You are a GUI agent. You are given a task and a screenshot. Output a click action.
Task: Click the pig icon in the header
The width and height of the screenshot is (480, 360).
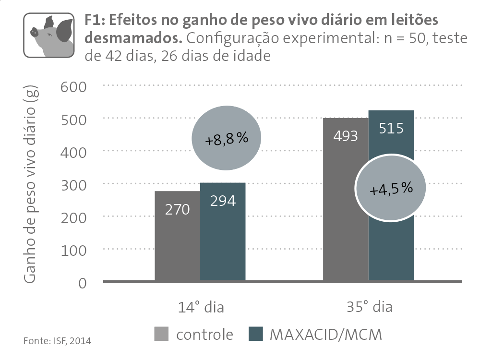click(x=49, y=35)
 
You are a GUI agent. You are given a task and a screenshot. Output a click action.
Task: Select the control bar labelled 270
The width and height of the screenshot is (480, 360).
click(x=177, y=235)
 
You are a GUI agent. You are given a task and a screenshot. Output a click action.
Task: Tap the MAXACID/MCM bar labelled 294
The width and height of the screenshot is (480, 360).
click(x=223, y=231)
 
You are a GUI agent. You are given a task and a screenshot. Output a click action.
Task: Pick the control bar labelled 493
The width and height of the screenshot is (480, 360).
click(x=345, y=199)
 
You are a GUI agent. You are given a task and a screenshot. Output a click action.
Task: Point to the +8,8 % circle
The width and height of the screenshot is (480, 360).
click(x=227, y=139)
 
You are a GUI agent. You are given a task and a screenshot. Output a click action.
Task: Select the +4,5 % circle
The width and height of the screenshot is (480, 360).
click(x=391, y=189)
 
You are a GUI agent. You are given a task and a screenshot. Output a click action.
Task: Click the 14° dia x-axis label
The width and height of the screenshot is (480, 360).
click(x=200, y=307)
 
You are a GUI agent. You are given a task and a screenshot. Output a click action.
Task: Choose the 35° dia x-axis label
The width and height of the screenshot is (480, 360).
click(x=369, y=307)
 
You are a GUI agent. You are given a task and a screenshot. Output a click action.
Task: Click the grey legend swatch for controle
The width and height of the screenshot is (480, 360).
click(x=161, y=334)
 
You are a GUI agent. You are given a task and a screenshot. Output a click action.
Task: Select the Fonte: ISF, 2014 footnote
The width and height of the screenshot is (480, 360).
click(x=57, y=341)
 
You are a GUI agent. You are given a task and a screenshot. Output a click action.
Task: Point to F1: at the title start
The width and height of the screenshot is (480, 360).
click(x=94, y=21)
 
